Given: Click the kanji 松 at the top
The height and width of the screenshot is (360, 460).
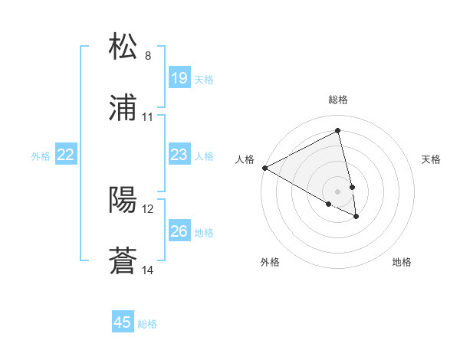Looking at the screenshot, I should coord(123,47).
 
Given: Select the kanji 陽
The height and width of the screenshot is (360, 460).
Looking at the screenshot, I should coord(123,200).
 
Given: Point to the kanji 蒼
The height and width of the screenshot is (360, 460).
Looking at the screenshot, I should coord(123,261).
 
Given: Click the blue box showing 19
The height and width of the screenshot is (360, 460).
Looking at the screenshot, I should coord(179,78).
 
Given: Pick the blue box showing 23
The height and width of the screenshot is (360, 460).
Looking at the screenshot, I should coord(179,155).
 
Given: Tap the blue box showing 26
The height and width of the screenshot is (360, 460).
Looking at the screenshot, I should coord(179,232).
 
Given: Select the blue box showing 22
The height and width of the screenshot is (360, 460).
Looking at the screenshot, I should coord(65,155).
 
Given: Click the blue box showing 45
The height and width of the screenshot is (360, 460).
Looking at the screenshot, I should coord(123,322).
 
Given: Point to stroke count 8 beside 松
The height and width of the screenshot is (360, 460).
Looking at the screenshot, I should coord(148,56).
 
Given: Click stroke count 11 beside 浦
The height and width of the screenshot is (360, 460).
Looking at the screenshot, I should coord(148,117).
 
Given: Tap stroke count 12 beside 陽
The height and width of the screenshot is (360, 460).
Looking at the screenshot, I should coord(148,208).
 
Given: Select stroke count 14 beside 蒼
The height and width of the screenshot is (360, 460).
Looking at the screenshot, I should coord(148,270).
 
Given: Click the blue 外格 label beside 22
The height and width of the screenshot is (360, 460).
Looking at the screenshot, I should coord(41,156).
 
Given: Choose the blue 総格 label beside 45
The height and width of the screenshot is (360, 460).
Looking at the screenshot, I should coord(147,324).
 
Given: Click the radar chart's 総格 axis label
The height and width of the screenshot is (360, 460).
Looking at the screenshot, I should coord(338,100).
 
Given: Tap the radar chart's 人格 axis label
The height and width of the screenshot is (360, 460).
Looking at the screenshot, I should coord(245,159).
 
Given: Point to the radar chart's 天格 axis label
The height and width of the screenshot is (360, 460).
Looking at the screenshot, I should coord(432,159).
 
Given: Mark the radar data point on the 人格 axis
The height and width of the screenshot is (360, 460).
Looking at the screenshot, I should coord(264,168).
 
